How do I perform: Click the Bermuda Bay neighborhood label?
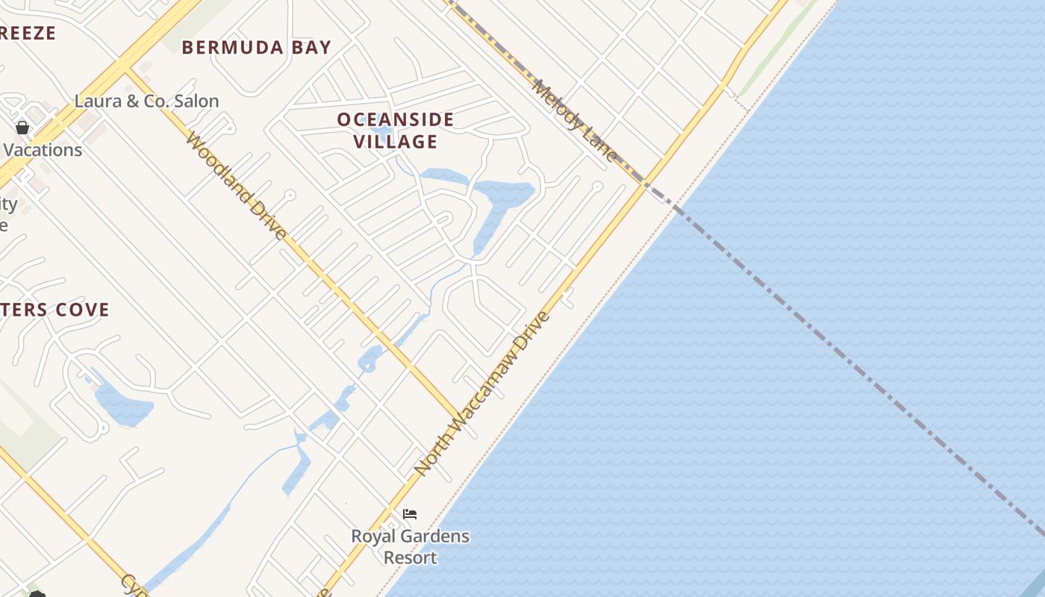tap(256, 48)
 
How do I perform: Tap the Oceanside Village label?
tap(395, 130)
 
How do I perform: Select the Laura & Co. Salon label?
tap(146, 101)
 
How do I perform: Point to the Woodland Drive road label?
tap(236, 186)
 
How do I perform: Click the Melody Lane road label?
tap(575, 120)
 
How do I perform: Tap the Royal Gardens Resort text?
tap(410, 546)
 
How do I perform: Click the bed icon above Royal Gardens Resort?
tap(409, 514)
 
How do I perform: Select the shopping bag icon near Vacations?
tap(22, 128)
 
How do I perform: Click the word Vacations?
tap(43, 150)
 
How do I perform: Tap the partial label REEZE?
tap(28, 33)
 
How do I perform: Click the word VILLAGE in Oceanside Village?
tap(395, 141)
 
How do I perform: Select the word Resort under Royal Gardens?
tap(410, 557)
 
